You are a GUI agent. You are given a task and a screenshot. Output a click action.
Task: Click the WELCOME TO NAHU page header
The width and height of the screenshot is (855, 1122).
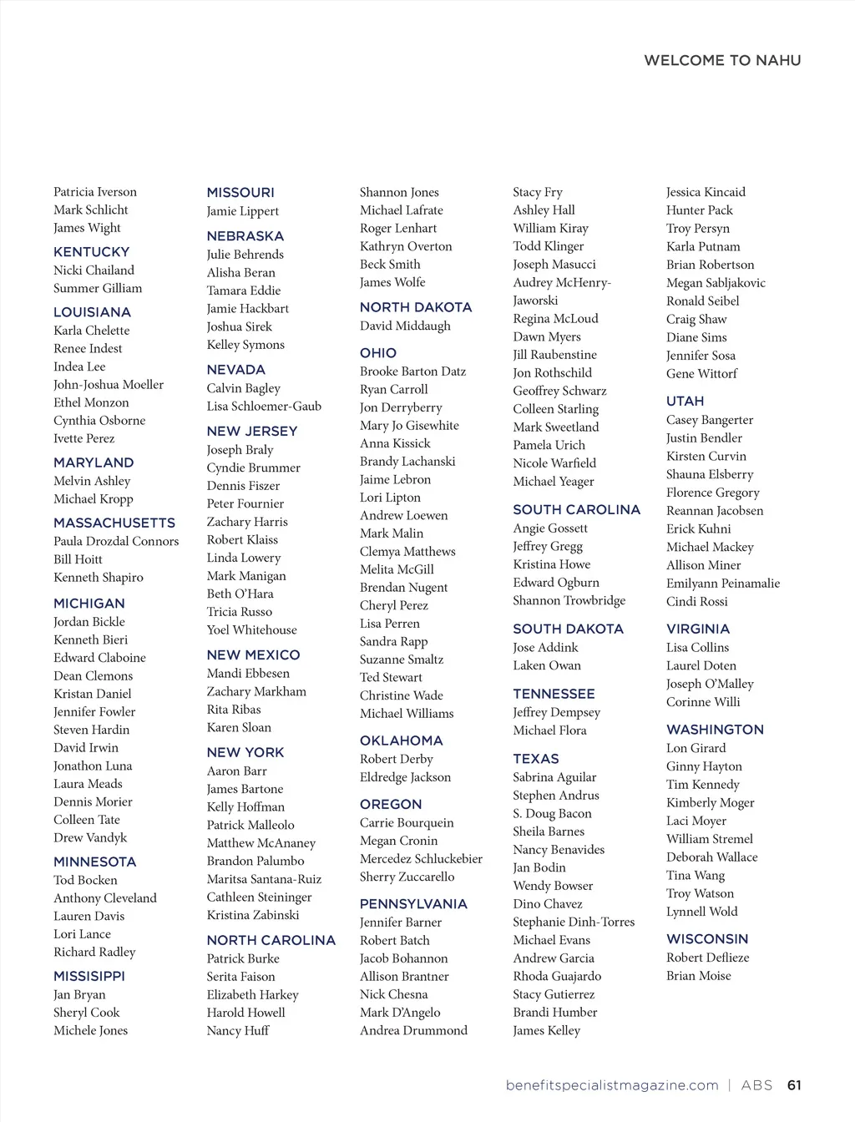tap(722, 60)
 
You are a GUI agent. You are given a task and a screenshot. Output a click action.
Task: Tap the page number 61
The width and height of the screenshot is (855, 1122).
tap(794, 1085)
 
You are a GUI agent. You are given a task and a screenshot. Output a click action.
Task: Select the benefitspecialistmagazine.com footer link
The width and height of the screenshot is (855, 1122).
tap(612, 1085)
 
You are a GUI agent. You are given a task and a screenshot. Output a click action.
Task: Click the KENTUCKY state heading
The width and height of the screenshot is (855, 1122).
tap(92, 252)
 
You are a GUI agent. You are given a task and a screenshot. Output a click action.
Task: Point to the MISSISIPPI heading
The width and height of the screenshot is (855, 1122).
tap(89, 976)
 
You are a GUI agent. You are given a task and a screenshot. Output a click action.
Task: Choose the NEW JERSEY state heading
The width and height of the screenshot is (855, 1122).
tap(252, 431)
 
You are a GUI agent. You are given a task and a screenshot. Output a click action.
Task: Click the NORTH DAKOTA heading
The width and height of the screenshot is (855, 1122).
tap(416, 307)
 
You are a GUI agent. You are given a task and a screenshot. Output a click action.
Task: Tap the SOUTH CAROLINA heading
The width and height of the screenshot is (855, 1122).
tap(576, 509)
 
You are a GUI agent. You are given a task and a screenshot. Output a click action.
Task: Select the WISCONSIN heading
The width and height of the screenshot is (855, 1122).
tap(707, 939)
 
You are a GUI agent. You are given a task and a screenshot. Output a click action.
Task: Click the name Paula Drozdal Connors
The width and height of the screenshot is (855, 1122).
tap(116, 541)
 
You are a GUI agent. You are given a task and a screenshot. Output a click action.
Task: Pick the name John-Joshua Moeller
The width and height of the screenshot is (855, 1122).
tap(109, 385)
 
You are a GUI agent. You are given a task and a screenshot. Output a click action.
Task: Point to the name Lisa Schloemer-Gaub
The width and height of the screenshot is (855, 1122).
tap(264, 407)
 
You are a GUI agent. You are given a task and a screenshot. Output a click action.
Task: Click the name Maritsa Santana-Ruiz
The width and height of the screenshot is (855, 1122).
tap(264, 879)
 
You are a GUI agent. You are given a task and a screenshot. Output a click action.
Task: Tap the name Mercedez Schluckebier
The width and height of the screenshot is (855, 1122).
tap(421, 859)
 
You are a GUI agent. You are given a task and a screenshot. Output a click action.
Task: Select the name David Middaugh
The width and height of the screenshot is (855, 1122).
tap(405, 326)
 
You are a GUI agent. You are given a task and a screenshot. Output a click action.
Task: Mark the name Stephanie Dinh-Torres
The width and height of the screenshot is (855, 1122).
tap(574, 922)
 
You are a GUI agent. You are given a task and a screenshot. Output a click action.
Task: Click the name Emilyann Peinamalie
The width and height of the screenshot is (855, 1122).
tap(723, 584)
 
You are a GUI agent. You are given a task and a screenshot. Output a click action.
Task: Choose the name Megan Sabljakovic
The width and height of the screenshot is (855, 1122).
tap(716, 283)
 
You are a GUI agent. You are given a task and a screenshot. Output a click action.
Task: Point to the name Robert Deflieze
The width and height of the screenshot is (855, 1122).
tap(708, 958)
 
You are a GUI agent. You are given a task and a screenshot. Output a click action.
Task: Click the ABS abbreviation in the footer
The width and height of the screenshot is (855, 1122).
tap(756, 1085)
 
